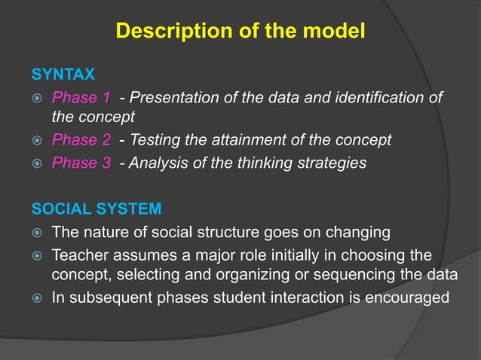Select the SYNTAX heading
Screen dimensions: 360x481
[x=63, y=75]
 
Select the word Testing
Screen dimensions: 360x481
[x=157, y=140]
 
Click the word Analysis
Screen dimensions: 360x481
[x=159, y=163]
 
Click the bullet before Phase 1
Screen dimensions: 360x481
[x=35, y=99]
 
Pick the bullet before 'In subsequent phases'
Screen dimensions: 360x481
[x=35, y=298]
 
